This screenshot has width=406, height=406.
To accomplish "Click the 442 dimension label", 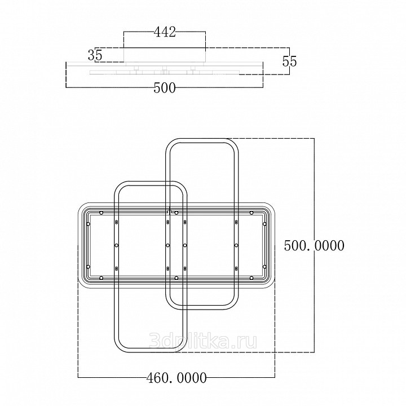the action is pyautogui.click(x=165, y=32).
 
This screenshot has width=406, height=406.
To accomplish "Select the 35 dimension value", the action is pyautogui.click(x=95, y=55).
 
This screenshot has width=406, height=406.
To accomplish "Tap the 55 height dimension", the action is pyautogui.click(x=289, y=61).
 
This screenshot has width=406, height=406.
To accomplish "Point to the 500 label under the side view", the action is pyautogui.click(x=165, y=88).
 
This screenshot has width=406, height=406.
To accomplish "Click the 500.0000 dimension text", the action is pyautogui.click(x=314, y=245).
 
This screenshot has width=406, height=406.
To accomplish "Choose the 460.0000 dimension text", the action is pyautogui.click(x=176, y=378).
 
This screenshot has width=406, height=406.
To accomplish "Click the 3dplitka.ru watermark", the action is pyautogui.click(x=203, y=341).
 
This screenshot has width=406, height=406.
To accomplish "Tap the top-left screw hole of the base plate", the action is pyautogui.click(x=101, y=213).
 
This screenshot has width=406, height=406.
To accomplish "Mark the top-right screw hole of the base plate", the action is pyautogui.click(x=251, y=213).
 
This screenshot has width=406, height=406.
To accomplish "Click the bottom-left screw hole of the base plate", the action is pyautogui.click(x=101, y=278).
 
